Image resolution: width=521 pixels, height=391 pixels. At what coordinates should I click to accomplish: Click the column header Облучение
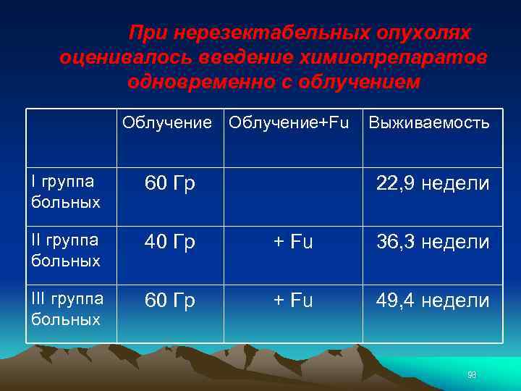[x=167, y=122]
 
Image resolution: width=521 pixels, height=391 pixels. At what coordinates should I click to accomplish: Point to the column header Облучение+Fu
[x=289, y=122]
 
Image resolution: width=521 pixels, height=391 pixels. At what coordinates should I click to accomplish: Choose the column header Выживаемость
[x=429, y=122]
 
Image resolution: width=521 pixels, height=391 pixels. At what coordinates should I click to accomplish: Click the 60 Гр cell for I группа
[x=170, y=184]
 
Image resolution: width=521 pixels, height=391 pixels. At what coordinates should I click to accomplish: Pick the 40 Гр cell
[x=170, y=242]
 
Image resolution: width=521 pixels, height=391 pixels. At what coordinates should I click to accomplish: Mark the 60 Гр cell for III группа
[x=170, y=300]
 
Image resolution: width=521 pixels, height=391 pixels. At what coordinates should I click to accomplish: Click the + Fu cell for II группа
[x=293, y=242]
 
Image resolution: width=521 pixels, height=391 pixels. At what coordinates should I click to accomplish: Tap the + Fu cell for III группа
[x=293, y=300]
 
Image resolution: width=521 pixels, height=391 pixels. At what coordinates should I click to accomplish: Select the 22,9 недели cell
[x=433, y=184]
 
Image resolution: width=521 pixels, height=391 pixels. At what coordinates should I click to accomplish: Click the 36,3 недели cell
[x=433, y=242]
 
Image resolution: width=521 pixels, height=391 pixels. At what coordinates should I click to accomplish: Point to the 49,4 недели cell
[x=433, y=300]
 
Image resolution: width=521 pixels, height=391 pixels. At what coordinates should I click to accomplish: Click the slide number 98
[x=472, y=375]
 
